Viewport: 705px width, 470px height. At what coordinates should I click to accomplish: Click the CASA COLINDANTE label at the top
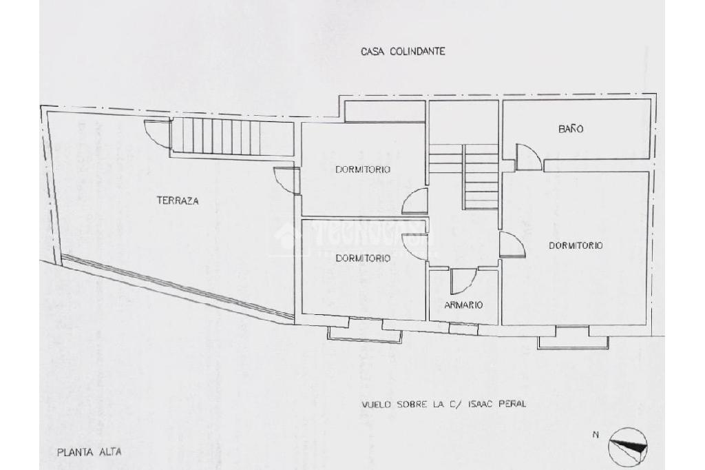(403, 51)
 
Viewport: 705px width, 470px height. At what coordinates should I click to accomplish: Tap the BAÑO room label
(571, 129)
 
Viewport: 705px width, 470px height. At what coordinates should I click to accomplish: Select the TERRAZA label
(178, 201)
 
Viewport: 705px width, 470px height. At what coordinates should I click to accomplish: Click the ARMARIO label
(463, 305)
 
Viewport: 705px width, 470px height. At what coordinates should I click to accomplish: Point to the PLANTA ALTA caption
(90, 453)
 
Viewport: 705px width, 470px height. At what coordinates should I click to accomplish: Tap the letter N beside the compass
(596, 434)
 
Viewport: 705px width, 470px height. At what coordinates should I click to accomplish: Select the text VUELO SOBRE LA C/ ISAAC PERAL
(444, 404)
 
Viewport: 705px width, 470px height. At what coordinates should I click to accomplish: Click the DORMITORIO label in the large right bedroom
(576, 245)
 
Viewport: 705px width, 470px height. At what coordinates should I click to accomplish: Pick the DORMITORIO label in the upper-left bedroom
(363, 169)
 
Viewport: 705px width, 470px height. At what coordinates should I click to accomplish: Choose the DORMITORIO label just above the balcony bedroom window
(363, 258)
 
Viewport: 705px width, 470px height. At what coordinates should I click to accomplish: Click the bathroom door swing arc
(528, 157)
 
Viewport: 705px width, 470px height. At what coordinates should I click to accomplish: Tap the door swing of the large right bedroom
(512, 245)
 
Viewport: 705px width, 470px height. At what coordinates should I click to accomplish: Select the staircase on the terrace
(217, 136)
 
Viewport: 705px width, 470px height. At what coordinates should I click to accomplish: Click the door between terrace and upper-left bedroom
(286, 181)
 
